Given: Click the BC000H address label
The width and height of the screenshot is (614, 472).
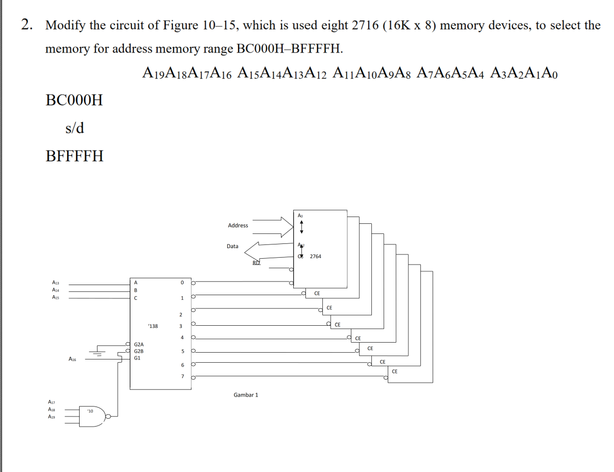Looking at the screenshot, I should (x=74, y=100).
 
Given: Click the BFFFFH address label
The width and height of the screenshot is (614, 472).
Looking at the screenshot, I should (x=74, y=156).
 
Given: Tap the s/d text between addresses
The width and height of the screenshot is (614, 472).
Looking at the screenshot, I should (x=74, y=128).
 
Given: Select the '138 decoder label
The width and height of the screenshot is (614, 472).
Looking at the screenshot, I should (x=152, y=326).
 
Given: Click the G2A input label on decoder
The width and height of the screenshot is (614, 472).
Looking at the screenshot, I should (x=139, y=344).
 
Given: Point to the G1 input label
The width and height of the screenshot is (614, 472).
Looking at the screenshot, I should (x=137, y=357).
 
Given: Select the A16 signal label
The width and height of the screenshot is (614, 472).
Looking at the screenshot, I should (x=72, y=359).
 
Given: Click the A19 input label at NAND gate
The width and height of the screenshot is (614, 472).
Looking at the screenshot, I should (x=52, y=417).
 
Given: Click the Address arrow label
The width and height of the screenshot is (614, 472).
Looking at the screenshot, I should (x=237, y=225).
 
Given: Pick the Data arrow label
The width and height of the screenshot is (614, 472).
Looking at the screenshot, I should (x=232, y=246).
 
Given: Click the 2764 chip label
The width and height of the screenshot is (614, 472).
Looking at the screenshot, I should (x=315, y=256).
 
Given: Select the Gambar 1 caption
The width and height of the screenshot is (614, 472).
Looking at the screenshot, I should (x=246, y=394).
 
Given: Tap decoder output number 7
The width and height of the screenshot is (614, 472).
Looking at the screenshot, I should (x=182, y=376).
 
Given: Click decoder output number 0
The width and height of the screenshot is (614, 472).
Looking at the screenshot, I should (x=182, y=282).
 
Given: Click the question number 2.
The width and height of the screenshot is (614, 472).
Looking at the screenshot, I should (x=26, y=25).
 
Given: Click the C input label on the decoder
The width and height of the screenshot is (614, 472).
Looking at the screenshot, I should (x=136, y=297).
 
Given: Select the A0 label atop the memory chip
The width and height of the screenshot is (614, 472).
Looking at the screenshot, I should (x=300, y=215).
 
